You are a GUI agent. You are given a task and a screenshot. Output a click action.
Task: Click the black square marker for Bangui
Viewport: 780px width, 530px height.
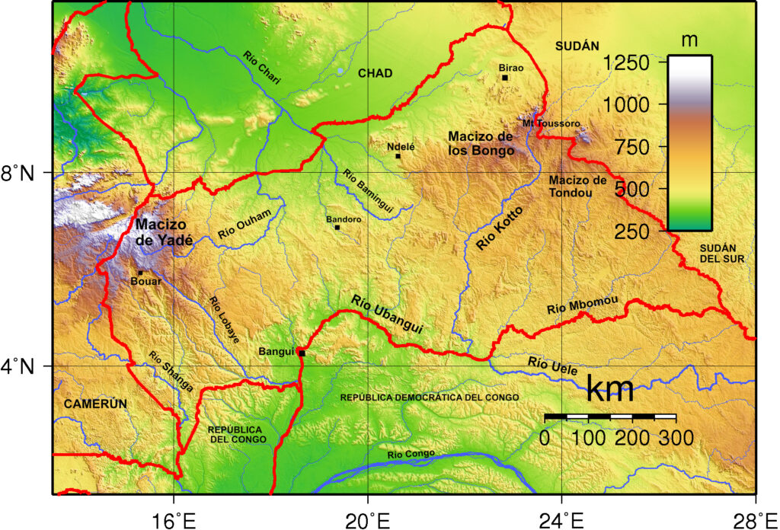pos(302,353)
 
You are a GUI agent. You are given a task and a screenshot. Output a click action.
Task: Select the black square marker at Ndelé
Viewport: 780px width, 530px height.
pos(398,156)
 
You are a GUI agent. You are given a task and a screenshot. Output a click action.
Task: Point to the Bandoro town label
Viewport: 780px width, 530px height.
pos(343,219)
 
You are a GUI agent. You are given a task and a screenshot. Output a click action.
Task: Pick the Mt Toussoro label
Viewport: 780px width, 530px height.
pos(551,123)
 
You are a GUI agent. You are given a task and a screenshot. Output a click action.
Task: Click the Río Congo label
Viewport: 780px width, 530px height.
pos(411,455)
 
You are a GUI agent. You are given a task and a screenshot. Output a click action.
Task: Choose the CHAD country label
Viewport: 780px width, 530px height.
pos(375,73)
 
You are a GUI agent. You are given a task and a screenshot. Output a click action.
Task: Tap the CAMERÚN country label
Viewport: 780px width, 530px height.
pos(94,403)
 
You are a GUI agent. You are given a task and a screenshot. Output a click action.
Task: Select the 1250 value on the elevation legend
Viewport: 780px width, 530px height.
pos(626,62)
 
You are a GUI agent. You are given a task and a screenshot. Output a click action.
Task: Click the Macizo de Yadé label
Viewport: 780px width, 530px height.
pos(164,232)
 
